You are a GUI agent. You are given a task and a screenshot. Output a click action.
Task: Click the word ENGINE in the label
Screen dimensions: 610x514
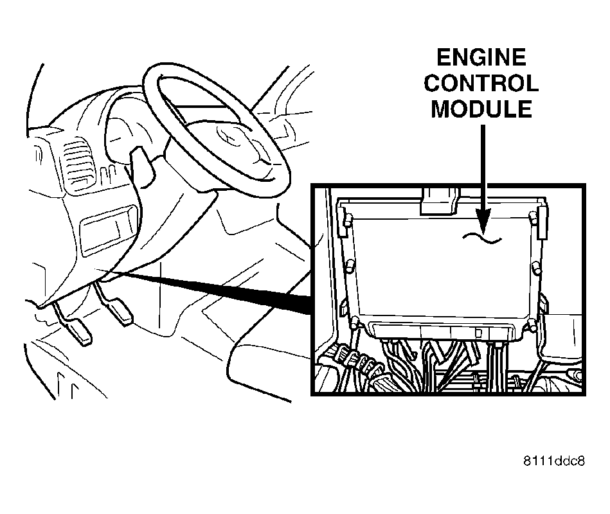481,58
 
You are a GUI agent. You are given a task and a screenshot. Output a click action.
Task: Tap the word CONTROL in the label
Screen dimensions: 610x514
481,84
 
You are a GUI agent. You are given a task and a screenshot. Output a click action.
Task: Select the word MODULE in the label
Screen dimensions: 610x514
481,109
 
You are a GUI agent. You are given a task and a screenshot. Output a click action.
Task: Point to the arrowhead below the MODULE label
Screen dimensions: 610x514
483,220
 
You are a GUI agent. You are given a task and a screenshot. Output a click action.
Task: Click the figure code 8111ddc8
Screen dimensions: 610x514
554,461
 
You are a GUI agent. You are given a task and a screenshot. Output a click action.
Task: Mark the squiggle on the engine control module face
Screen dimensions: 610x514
481,238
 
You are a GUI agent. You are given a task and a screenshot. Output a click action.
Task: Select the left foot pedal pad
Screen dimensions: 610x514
82,332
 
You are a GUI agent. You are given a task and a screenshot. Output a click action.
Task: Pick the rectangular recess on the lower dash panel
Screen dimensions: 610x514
108,233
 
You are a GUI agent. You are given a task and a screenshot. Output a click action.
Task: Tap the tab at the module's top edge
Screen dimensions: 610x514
439,200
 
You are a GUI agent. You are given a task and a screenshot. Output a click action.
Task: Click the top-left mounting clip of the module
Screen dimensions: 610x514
343,222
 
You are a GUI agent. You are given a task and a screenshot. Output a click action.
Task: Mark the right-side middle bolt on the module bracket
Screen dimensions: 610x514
536,268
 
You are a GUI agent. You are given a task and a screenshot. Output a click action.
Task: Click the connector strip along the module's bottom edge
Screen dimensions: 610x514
443,331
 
